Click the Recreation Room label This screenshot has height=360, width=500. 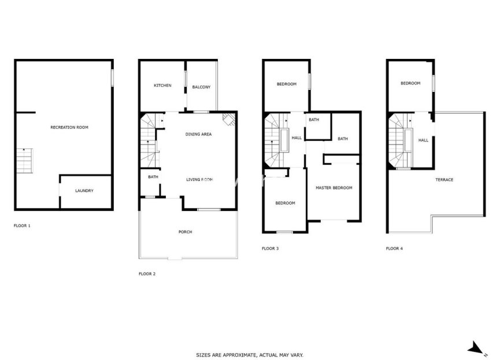pos(69,127)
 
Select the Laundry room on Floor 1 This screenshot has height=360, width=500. pos(84,191)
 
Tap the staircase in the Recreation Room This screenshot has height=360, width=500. pos(24,161)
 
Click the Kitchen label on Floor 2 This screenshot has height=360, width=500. pos(162,86)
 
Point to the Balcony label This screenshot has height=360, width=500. pos(201,87)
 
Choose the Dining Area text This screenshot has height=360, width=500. pos(198,134)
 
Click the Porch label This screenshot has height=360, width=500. pos(185,232)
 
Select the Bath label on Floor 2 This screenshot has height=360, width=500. pos(153,177)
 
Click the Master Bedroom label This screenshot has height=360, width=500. pos(334,188)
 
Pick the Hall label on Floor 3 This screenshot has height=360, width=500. pos(297,138)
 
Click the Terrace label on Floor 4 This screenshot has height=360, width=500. pos(444,180)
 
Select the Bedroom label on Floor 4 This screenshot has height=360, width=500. pos(410,83)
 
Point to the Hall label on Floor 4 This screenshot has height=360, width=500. pos(423,140)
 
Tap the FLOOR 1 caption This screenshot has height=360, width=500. pos(22,225)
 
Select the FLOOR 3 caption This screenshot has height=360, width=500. pos(270,248)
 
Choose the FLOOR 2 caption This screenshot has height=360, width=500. pos(147,273)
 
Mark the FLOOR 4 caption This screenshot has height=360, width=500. pos(394,248)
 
